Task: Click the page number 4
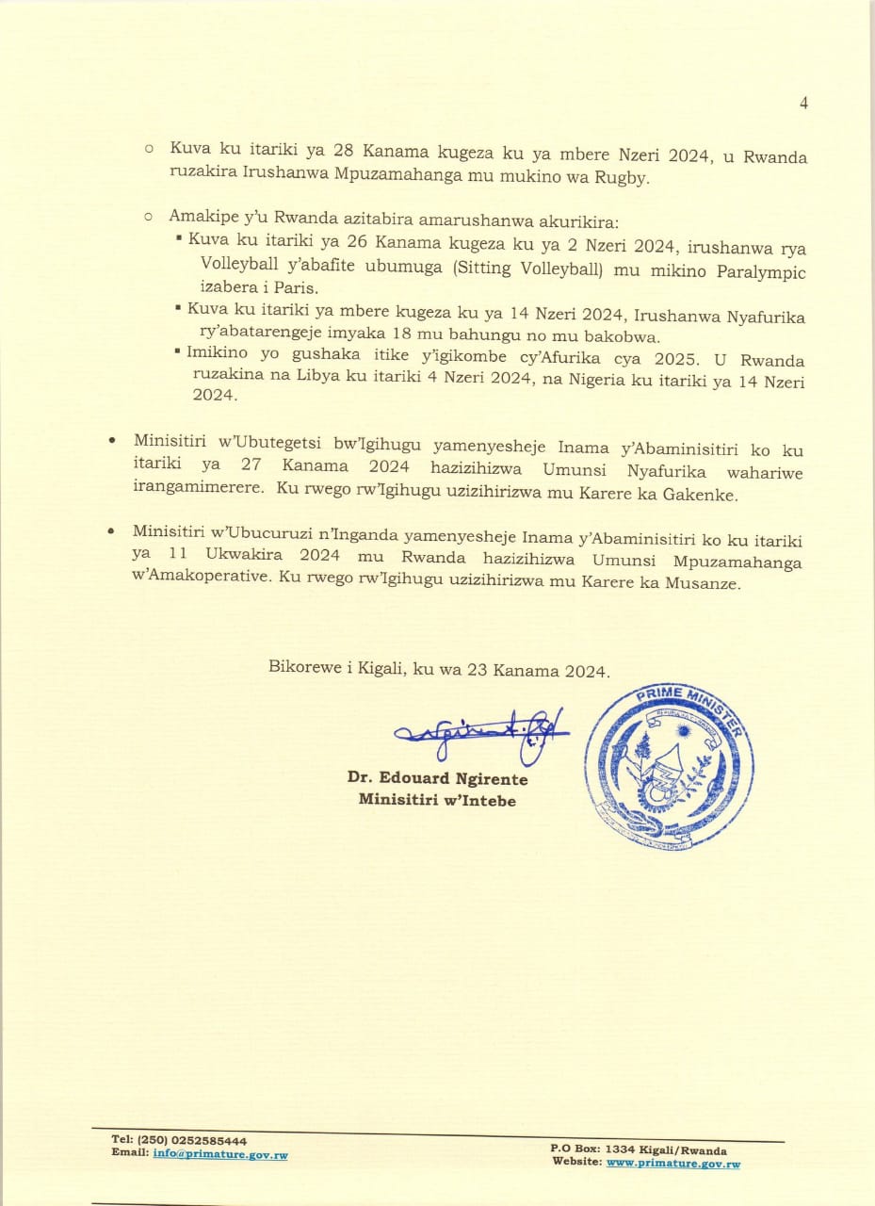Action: [803, 104]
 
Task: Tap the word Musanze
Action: [707, 583]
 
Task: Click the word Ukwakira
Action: [246, 556]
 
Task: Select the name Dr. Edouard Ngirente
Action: [437, 780]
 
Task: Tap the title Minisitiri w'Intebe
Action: [437, 801]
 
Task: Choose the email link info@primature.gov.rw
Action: [220, 1155]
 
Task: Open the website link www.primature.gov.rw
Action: [673, 1164]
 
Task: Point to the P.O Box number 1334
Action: [622, 1150]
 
